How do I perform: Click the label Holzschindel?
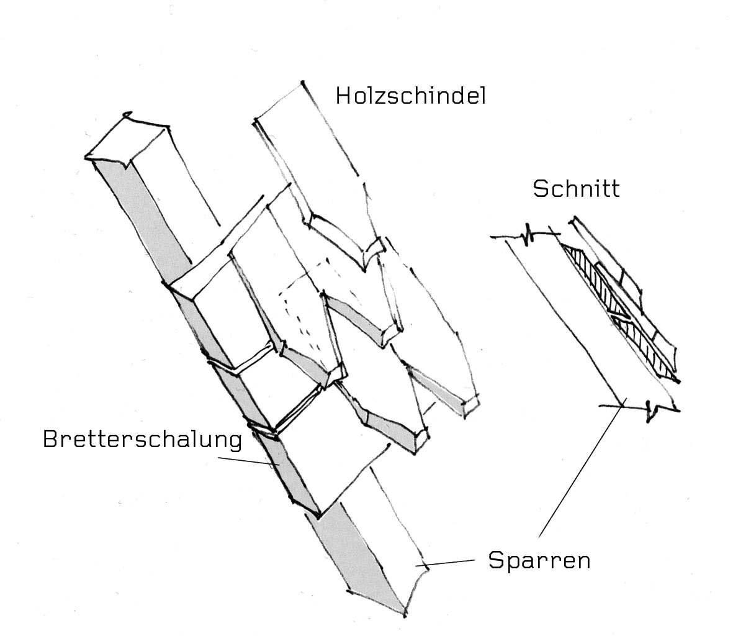click(410, 96)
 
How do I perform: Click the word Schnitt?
click(576, 188)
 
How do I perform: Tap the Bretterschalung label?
click(142, 440)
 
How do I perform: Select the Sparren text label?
click(539, 561)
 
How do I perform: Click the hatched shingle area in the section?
click(621, 311)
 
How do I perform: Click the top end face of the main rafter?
click(127, 140)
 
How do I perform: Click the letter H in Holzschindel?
click(343, 96)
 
